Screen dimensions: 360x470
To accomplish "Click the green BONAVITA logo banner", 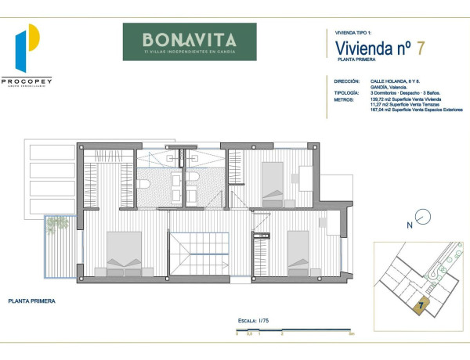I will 189,41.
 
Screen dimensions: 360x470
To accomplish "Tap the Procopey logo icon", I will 28,50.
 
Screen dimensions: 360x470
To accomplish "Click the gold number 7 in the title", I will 421,47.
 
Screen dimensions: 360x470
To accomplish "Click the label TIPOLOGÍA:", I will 346,93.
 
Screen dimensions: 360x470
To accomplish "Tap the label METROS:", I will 343,99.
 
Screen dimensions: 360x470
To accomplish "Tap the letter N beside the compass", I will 409,225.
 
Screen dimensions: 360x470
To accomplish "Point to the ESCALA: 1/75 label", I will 255,321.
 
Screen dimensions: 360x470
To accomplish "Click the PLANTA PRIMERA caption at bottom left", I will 31,300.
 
